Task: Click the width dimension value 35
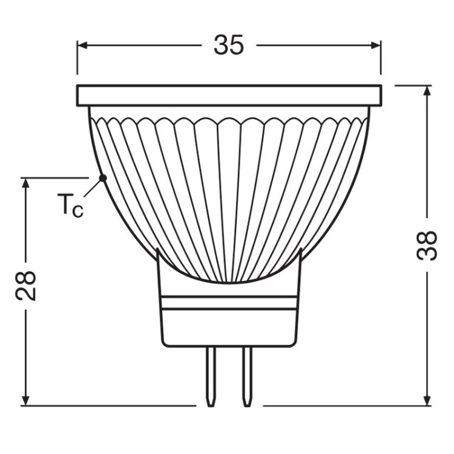229,45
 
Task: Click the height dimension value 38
427,246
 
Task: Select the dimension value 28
25,286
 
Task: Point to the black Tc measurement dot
102,177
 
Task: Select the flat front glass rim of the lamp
229,95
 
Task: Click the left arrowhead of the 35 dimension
82,45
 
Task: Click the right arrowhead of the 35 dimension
376,45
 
